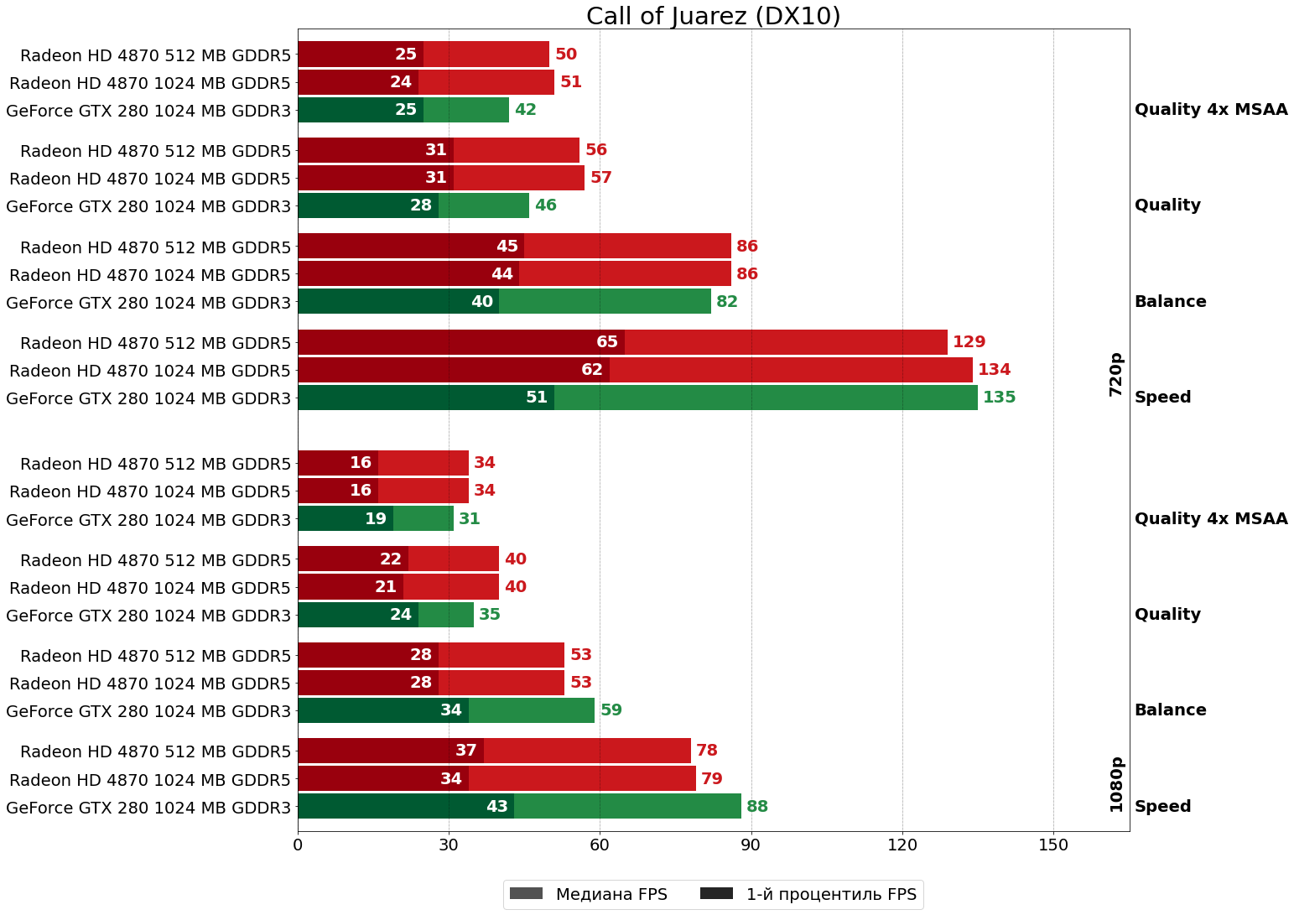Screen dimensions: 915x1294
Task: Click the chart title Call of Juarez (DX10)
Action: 713,16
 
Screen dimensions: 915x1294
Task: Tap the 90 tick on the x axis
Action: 751,845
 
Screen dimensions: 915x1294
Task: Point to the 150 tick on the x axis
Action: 1053,845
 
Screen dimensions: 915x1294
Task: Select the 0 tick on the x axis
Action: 298,845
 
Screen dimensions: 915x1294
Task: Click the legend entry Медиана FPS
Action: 586,894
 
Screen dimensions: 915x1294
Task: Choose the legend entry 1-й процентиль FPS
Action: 808,894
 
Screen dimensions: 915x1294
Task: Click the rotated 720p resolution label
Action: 1115,374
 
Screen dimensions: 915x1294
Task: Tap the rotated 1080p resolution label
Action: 1115,784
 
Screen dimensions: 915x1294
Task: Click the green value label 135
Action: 999,398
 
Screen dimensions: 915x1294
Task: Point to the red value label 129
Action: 969,342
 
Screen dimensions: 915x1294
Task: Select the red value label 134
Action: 994,370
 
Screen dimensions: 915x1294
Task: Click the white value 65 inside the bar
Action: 607,342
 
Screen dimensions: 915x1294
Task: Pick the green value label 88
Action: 757,807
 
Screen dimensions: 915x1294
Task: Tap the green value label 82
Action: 727,302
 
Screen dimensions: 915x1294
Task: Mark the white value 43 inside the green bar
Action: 497,807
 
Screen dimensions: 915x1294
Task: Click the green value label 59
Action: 611,710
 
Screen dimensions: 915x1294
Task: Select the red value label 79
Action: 712,779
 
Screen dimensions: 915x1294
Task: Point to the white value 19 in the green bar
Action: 376,519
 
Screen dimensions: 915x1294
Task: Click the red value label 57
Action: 601,178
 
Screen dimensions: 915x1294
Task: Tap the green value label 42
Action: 526,110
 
